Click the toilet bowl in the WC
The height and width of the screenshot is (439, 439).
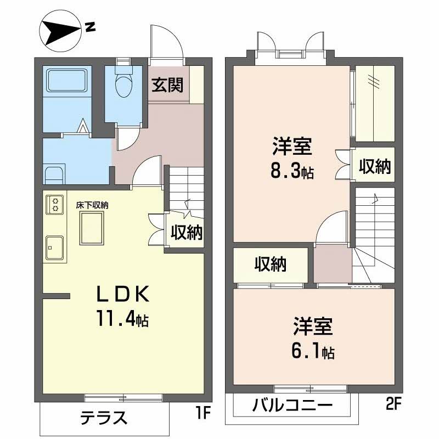[124, 85]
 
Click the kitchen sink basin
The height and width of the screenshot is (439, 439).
[54, 247]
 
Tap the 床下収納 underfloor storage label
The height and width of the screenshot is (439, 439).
[92, 205]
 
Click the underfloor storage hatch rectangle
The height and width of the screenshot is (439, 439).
[93, 228]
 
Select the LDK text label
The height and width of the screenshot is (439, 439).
[123, 295]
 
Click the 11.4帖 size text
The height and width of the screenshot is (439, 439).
[123, 318]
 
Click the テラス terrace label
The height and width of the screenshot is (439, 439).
[104, 419]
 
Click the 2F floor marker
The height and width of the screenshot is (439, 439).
[393, 406]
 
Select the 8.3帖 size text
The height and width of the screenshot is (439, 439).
[292, 171]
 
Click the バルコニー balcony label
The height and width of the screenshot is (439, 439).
[292, 407]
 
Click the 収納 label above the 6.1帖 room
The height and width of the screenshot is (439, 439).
[271, 265]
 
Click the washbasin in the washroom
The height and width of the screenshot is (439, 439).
[54, 176]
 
